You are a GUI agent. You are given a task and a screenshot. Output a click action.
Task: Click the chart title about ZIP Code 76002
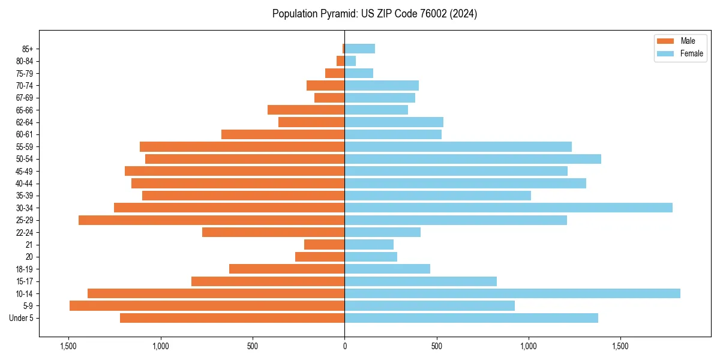pos(374,14)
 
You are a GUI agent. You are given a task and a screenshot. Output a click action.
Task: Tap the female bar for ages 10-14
pos(512,293)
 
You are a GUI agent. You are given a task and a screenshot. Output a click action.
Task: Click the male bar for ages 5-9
pos(207,305)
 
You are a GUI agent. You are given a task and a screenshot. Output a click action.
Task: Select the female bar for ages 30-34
pos(508,208)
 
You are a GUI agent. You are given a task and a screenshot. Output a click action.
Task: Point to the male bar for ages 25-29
pos(211,220)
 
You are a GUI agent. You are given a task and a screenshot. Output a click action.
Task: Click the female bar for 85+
pos(359,49)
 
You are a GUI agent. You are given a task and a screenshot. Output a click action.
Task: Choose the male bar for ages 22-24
pos(273,232)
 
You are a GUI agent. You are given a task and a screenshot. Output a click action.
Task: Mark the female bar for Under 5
pos(471,318)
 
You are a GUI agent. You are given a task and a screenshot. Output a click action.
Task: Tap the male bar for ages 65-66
pos(306,110)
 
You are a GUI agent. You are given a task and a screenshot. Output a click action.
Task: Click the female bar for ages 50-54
pos(473,159)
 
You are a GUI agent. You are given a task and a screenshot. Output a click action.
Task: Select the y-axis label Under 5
pos(22,318)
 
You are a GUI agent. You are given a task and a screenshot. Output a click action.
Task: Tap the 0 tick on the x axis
pos(344,346)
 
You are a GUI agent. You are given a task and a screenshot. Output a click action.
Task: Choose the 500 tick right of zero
pos(437,346)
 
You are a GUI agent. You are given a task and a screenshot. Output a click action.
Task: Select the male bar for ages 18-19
pos(287,269)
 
